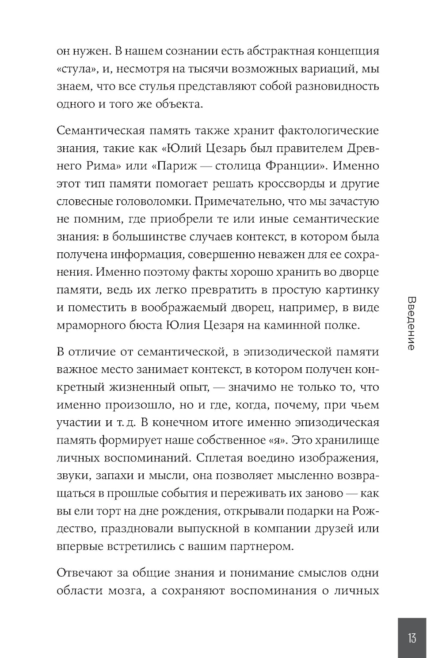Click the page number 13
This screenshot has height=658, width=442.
[412, 638]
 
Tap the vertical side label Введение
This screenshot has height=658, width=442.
[411, 323]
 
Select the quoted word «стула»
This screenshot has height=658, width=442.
[73, 68]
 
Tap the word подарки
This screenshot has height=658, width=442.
[310, 511]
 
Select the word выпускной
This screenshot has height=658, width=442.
[202, 529]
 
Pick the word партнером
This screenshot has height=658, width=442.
[262, 546]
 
